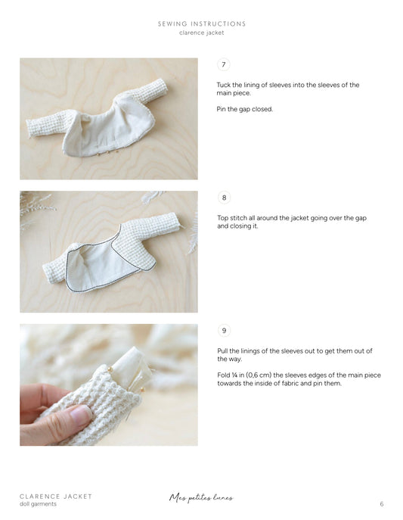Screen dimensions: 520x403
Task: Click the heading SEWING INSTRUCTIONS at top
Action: pos(201,23)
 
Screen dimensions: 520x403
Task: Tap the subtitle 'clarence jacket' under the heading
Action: pos(201,33)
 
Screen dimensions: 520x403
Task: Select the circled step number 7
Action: pos(223,65)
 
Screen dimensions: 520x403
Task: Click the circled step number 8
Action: pos(223,198)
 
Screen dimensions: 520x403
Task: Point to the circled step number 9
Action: pos(223,330)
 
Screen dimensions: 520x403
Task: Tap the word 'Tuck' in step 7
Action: pos(224,85)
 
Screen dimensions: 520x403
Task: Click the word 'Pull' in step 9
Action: pos(223,350)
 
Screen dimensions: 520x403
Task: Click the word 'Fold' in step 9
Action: pos(224,375)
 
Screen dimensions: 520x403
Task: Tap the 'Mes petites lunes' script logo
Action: pos(201,498)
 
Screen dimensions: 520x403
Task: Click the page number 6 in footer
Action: pos(382,504)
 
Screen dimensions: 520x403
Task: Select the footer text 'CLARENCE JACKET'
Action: pos(56,497)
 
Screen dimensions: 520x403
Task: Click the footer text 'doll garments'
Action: pos(38,505)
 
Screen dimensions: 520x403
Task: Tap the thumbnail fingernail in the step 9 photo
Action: pos(79,414)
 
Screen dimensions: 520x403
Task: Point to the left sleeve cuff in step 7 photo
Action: pos(33,126)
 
